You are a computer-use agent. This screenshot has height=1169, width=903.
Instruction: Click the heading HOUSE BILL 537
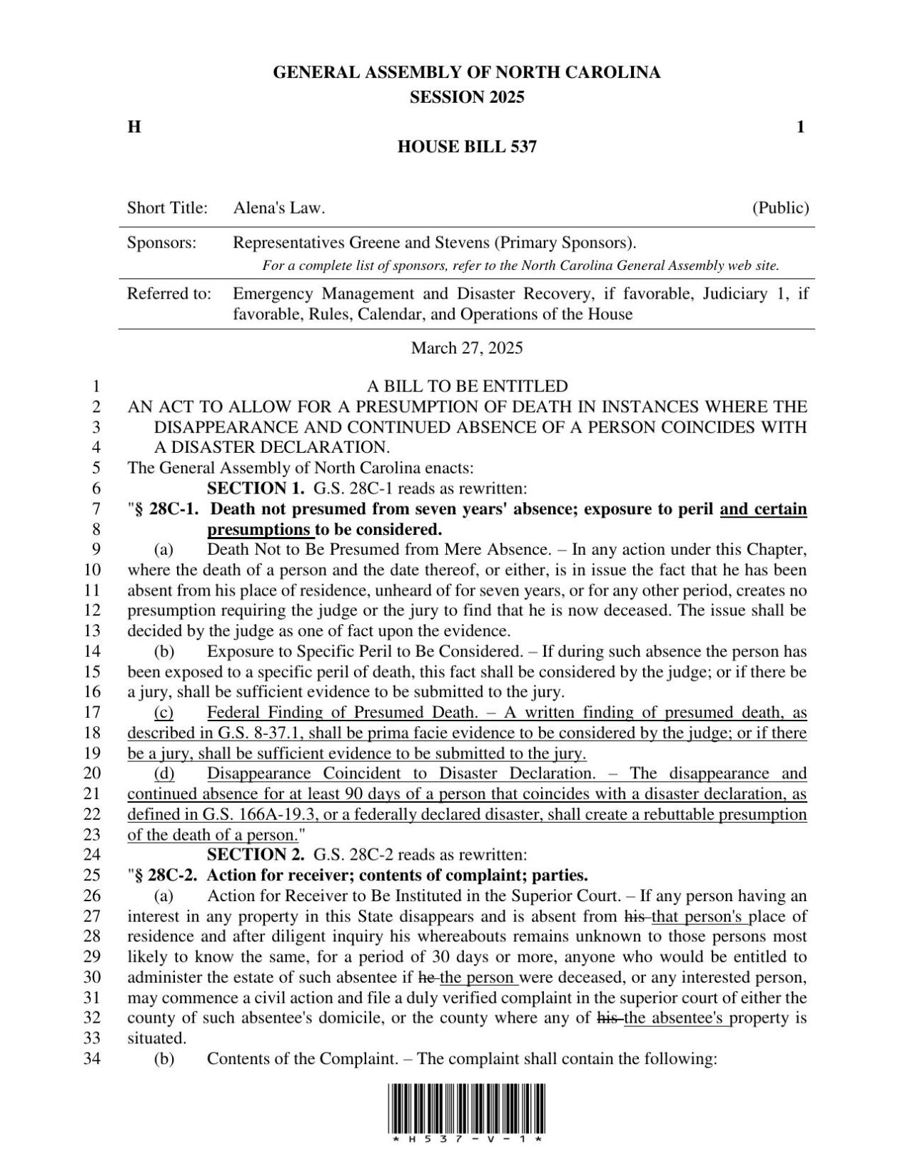pos(466,147)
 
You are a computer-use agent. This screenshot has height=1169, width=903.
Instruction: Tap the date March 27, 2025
pos(466,348)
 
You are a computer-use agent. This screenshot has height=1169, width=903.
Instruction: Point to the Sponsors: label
pos(161,243)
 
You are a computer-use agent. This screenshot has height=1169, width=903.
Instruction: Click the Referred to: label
pos(169,293)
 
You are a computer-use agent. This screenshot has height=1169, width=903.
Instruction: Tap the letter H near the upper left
pos(133,127)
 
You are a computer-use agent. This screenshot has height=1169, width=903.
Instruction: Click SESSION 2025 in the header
pos(466,97)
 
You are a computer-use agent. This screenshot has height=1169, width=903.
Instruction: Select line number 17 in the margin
pos(93,712)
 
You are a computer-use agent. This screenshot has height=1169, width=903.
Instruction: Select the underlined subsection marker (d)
pos(164,773)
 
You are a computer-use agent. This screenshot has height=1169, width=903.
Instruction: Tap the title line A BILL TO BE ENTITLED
pos(467,386)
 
